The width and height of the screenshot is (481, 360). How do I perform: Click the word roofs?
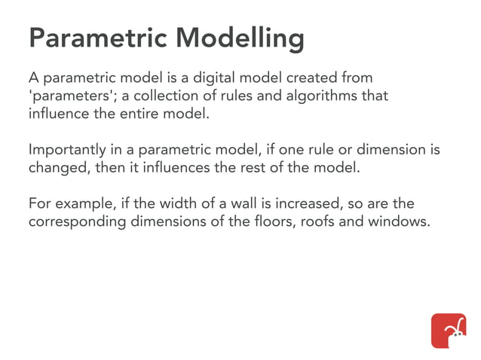pos(311,222)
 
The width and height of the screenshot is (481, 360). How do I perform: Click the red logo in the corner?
pos(448,330)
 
